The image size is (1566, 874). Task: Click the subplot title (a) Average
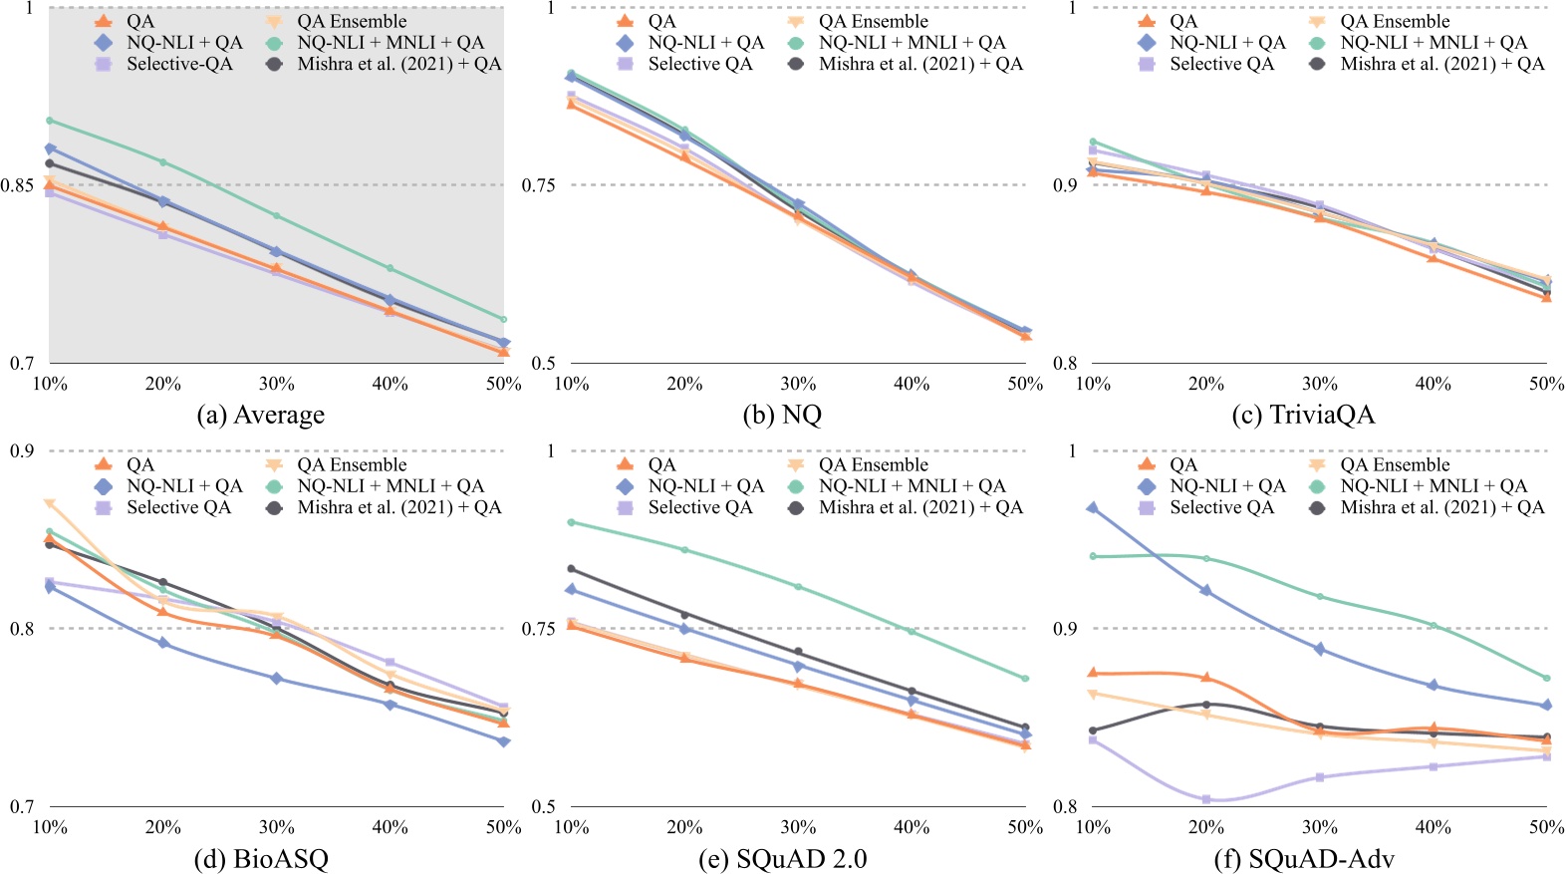point(261,415)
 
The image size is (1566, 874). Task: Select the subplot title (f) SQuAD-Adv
point(1304,858)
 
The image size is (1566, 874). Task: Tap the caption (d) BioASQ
point(262,858)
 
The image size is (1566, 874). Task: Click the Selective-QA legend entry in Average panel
point(179,64)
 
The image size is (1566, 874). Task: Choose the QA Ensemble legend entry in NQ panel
point(873,21)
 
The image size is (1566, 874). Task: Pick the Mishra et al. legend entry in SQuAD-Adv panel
point(1441,507)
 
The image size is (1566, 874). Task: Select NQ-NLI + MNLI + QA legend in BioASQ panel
point(390,486)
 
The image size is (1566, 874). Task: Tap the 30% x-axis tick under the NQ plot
point(798,384)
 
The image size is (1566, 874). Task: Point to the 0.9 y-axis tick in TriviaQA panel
point(1065,185)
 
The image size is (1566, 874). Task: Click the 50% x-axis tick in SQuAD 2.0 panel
point(1025,827)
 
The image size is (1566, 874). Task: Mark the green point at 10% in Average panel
point(50,121)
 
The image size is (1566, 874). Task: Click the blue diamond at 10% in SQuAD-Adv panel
point(1093,508)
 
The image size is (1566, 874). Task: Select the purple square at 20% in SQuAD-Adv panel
point(1206,799)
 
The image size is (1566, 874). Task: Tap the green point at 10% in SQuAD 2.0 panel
point(571,522)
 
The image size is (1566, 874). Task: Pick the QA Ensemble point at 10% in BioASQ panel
point(50,503)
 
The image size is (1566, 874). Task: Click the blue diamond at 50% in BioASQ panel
point(503,741)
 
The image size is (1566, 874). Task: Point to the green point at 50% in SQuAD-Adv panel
point(1546,679)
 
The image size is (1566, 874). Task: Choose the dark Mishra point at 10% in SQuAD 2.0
point(571,569)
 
